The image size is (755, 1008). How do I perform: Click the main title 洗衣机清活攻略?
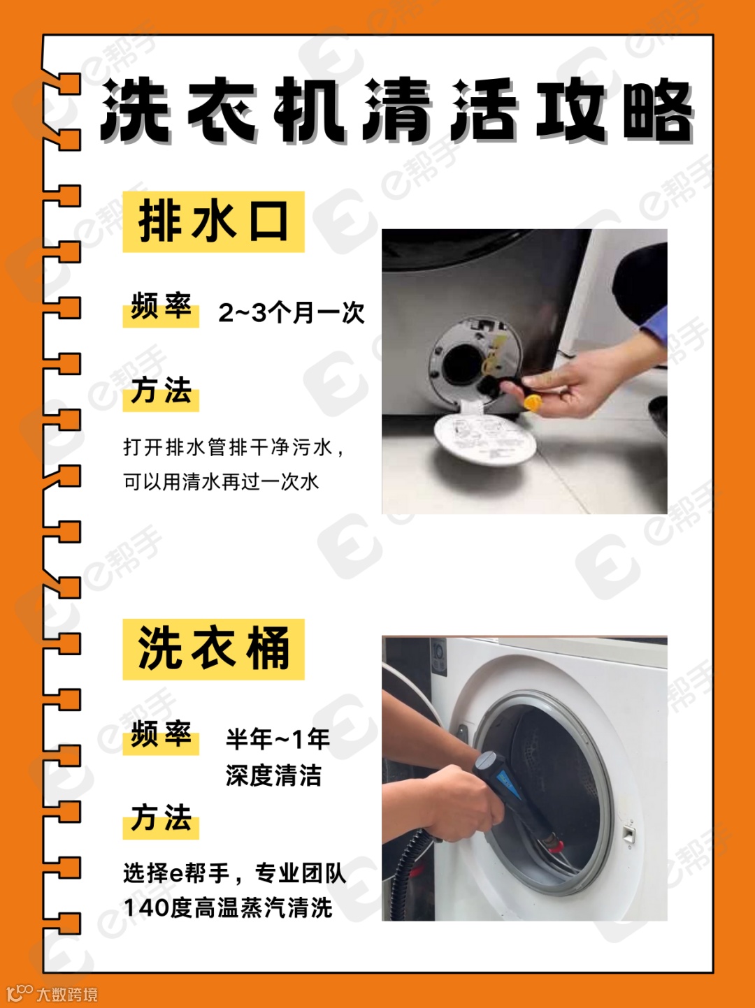tap(396, 110)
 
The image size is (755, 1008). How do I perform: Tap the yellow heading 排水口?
tap(213, 222)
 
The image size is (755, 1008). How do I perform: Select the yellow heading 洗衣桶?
tap(213, 649)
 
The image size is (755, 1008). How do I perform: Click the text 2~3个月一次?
tap(292, 313)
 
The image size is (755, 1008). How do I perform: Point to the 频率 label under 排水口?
tap(161, 307)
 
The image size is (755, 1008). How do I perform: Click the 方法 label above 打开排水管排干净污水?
tap(161, 391)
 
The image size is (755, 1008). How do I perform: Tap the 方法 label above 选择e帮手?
tap(161, 818)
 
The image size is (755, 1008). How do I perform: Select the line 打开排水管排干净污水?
tap(233, 447)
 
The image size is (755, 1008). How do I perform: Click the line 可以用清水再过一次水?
tap(221, 482)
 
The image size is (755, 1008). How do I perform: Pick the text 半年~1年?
tap(278, 739)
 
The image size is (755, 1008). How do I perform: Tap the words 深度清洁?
tap(273, 775)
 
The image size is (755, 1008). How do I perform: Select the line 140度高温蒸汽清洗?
tap(228, 908)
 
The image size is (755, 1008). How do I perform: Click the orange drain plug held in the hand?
tap(533, 403)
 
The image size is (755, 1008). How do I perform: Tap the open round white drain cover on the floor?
tap(484, 439)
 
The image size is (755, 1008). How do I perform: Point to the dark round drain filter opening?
tap(463, 365)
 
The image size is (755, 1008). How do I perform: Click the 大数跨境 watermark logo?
tap(52, 994)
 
